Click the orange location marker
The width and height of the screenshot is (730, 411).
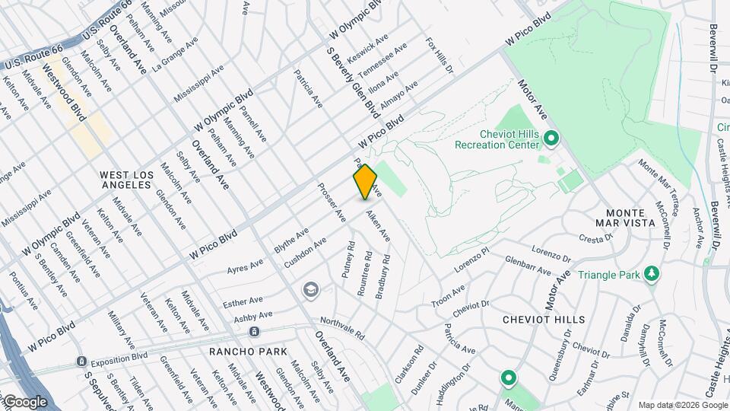(365, 181)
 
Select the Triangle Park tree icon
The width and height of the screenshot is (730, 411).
(651, 273)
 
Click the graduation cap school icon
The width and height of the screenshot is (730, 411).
(309, 289)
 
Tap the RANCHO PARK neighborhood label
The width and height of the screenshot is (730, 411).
(248, 352)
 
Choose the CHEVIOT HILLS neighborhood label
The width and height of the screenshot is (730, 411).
(544, 320)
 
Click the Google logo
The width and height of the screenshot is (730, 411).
(25, 401)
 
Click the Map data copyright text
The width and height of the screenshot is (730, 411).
(683, 404)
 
